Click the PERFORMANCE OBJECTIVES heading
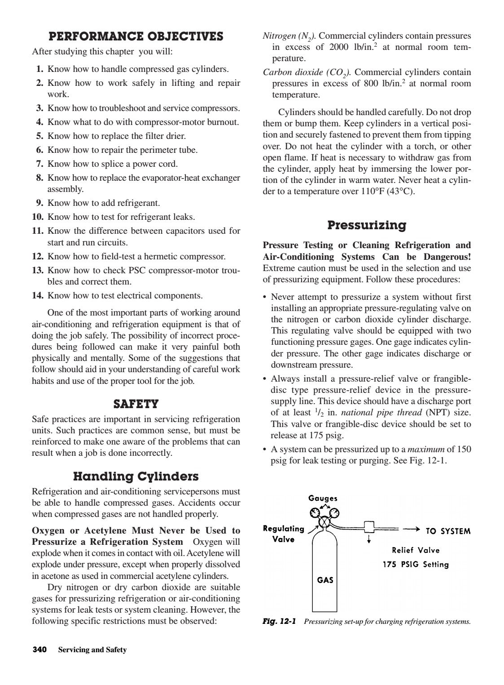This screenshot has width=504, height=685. point(136,36)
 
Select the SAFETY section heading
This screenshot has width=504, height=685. point(136,404)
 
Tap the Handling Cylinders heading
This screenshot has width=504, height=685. point(136,476)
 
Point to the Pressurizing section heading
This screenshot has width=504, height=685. point(367,225)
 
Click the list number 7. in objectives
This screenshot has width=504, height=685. point(39,164)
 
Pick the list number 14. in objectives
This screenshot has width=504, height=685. point(38,296)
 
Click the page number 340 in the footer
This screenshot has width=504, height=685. point(40,649)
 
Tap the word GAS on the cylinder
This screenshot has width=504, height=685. point(325,580)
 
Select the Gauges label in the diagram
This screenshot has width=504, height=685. point(323,498)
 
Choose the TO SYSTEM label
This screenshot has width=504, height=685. point(448,531)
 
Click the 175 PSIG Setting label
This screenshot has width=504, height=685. point(415,565)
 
